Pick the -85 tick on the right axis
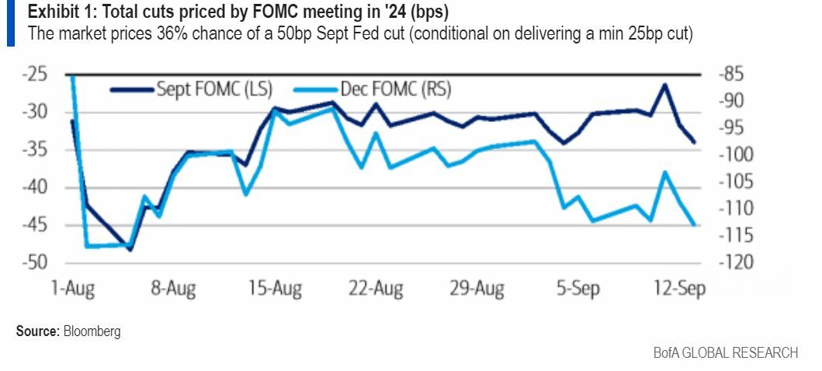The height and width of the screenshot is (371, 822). coord(733,75)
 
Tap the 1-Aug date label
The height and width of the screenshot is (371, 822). coord(73,289)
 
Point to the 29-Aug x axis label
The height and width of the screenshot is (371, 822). coord(477,289)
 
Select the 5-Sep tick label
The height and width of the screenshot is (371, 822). coord(578,289)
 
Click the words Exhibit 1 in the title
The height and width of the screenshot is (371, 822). coord(57,13)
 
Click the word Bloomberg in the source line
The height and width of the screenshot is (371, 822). coord(92,331)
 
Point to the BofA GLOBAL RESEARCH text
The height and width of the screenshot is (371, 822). coord(725,353)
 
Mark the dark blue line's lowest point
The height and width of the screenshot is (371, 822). coord(130,250)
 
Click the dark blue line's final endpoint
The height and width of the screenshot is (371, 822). coord(694,143)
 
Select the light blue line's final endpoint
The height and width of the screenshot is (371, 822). coord(694,225)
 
